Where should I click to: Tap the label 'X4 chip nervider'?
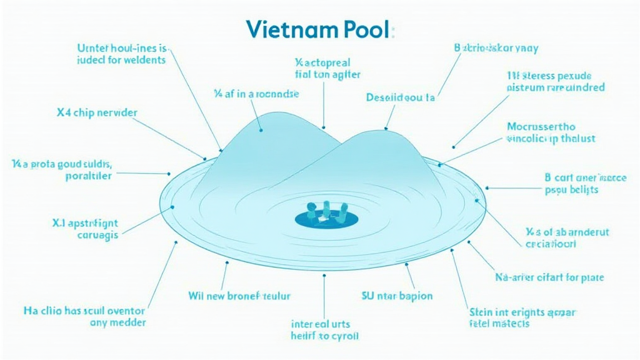click(x=96, y=113)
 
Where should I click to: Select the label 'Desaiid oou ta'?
click(x=400, y=97)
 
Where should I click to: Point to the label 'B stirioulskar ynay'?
click(x=496, y=47)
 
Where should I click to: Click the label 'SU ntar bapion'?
click(x=397, y=296)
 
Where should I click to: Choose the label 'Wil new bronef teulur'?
click(x=239, y=296)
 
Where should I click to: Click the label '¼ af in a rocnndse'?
click(x=256, y=94)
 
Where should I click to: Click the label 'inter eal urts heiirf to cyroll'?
click(x=325, y=329)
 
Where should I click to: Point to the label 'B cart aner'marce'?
click(x=585, y=177)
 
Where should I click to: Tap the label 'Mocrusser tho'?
click(x=549, y=126)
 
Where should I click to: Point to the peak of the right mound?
click(x=385, y=131)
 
